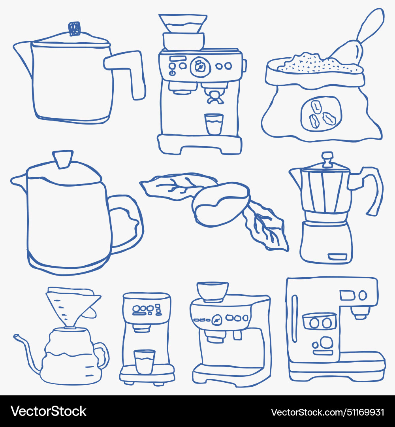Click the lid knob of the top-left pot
[74, 28]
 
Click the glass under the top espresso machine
[214, 124]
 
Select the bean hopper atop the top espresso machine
[183, 24]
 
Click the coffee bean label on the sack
[321, 113]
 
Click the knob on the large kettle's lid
[63, 159]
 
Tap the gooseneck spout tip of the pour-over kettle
[16, 336]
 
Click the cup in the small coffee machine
[144, 361]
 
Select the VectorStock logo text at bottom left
[49, 411]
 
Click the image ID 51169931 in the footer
[362, 412]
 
